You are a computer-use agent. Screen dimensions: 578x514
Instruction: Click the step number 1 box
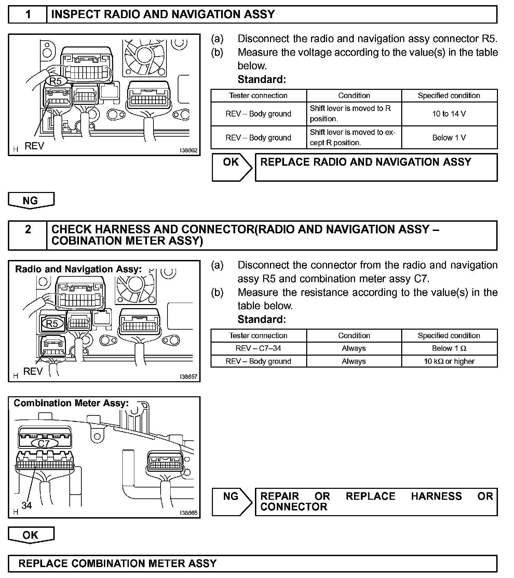pos(28,14)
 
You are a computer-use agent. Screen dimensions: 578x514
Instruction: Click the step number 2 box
pos(28,230)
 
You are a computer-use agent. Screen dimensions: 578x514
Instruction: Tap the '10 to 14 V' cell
pos(449,114)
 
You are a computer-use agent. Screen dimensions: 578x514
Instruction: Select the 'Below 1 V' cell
pos(449,138)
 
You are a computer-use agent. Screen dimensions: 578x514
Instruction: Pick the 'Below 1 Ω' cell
pos(449,348)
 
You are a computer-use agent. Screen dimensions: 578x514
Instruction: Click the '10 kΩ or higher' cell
pos(449,361)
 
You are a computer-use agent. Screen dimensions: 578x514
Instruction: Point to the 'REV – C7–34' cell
pos(258,348)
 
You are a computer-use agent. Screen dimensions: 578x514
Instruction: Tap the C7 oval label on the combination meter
pos(44,443)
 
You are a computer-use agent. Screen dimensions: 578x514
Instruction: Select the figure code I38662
pos(189,150)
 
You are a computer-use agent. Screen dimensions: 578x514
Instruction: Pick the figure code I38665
pos(189,513)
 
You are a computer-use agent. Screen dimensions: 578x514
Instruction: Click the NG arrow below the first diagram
pos(31,201)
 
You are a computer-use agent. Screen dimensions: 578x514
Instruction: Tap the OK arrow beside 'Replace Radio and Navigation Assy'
pos(232,167)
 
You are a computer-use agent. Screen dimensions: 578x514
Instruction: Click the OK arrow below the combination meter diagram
pos(31,535)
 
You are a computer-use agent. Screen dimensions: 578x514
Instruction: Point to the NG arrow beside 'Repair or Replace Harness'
pos(232,501)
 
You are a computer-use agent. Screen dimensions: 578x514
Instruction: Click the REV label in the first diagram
pos(34,146)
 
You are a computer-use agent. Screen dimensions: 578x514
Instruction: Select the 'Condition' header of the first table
pos(354,96)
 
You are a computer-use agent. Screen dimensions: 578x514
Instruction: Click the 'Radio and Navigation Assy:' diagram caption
pos(78,269)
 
